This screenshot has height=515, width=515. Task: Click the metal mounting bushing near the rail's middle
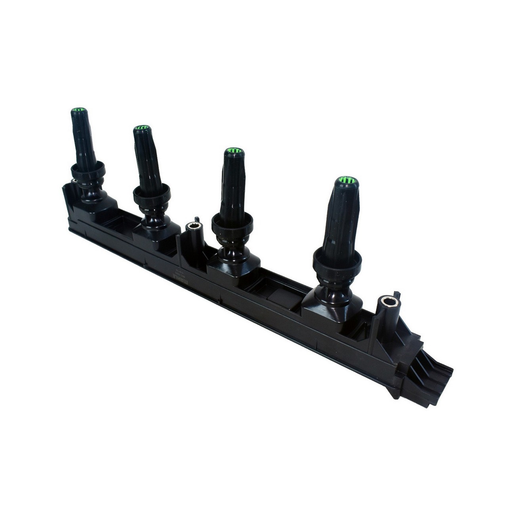click(195, 228)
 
